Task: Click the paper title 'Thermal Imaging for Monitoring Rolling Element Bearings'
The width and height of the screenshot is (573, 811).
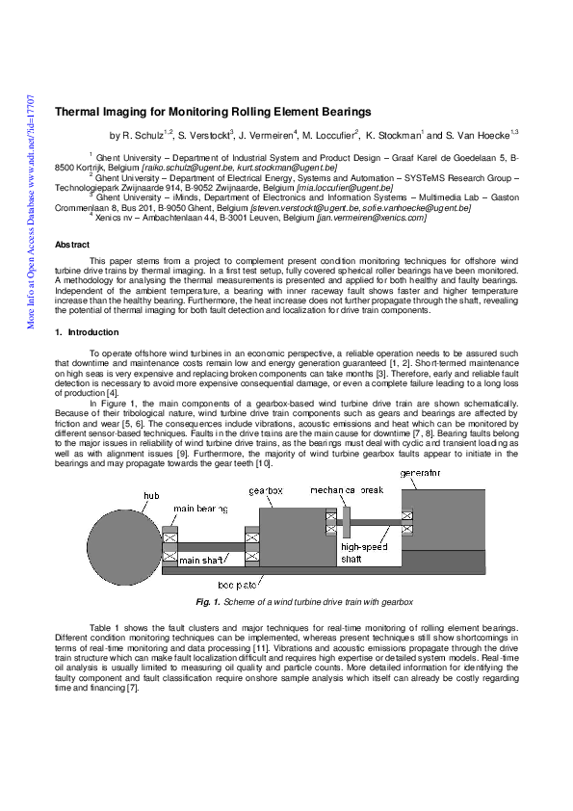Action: pyautogui.click(x=212, y=112)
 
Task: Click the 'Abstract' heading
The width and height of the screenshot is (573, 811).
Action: pyautogui.click(x=72, y=245)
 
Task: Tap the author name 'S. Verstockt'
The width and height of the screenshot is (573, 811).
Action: pyautogui.click(x=205, y=136)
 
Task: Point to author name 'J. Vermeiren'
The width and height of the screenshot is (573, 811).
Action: pyautogui.click(x=268, y=136)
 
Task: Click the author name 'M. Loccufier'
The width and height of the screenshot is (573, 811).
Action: pyautogui.click(x=329, y=136)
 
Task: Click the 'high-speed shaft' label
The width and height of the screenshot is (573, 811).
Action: pyautogui.click(x=363, y=552)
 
